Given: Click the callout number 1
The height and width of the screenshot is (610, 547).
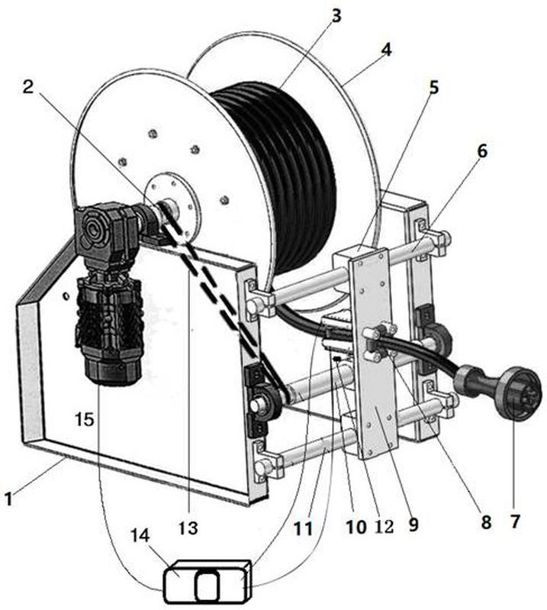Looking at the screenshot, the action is [x=8, y=499].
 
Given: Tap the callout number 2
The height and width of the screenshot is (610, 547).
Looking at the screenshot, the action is [x=28, y=86].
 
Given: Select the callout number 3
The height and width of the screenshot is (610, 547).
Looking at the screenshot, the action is [x=336, y=16].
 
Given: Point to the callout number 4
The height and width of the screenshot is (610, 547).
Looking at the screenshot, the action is [x=385, y=50].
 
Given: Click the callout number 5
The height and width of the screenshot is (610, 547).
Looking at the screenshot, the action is [x=433, y=88].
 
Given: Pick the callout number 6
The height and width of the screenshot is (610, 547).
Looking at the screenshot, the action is [x=482, y=151].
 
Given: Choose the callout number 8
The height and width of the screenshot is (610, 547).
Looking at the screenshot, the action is [x=486, y=522].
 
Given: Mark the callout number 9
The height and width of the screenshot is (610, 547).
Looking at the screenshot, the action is [x=413, y=524].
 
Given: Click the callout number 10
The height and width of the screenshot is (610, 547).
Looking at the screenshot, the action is [x=356, y=527].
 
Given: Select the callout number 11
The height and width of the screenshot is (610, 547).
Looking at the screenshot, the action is [x=303, y=528].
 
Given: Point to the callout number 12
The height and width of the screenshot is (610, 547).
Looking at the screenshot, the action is [x=384, y=526].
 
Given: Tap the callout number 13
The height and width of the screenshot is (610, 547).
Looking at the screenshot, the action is [x=188, y=528].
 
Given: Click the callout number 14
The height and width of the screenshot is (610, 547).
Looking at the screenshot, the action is [x=140, y=536].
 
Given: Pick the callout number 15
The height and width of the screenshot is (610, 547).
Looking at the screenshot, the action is [x=85, y=419].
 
